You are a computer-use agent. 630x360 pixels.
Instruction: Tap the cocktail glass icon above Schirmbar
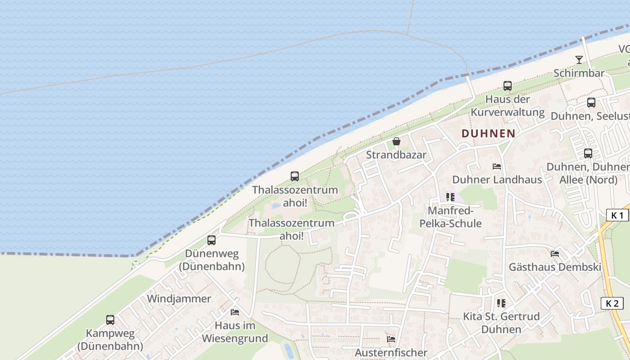[x=579, y=60]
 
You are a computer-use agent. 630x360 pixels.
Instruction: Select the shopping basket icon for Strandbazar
[x=396, y=142]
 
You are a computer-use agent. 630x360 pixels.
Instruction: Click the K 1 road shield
[x=617, y=215]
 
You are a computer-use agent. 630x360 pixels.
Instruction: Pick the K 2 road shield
[x=612, y=303]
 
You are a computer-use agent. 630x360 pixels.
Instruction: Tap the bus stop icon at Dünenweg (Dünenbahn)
[x=211, y=240]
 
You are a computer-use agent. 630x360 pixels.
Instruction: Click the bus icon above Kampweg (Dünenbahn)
[x=110, y=320]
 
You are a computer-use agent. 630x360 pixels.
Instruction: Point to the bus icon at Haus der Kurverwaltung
[x=508, y=86]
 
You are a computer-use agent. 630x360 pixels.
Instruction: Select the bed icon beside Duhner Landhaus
[x=497, y=166]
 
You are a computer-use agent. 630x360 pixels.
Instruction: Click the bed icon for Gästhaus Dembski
[x=555, y=254]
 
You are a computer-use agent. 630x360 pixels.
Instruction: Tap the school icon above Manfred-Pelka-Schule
[x=450, y=197]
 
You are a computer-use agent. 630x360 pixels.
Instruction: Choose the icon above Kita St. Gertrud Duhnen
[x=501, y=303]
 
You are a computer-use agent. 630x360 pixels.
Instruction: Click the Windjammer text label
[x=179, y=299]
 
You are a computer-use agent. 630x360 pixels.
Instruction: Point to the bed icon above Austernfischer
[x=391, y=339]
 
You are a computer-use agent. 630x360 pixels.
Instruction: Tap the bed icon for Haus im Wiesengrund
[x=234, y=312]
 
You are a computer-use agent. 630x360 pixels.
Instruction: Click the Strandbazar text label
[x=396, y=155]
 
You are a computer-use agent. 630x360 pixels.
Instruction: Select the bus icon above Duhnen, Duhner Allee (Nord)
[x=588, y=153]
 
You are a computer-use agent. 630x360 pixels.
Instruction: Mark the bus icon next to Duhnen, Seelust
[x=591, y=103]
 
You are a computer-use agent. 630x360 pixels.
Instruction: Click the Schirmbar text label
[x=579, y=73]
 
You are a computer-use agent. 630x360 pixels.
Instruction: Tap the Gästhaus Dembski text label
[x=555, y=267]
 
